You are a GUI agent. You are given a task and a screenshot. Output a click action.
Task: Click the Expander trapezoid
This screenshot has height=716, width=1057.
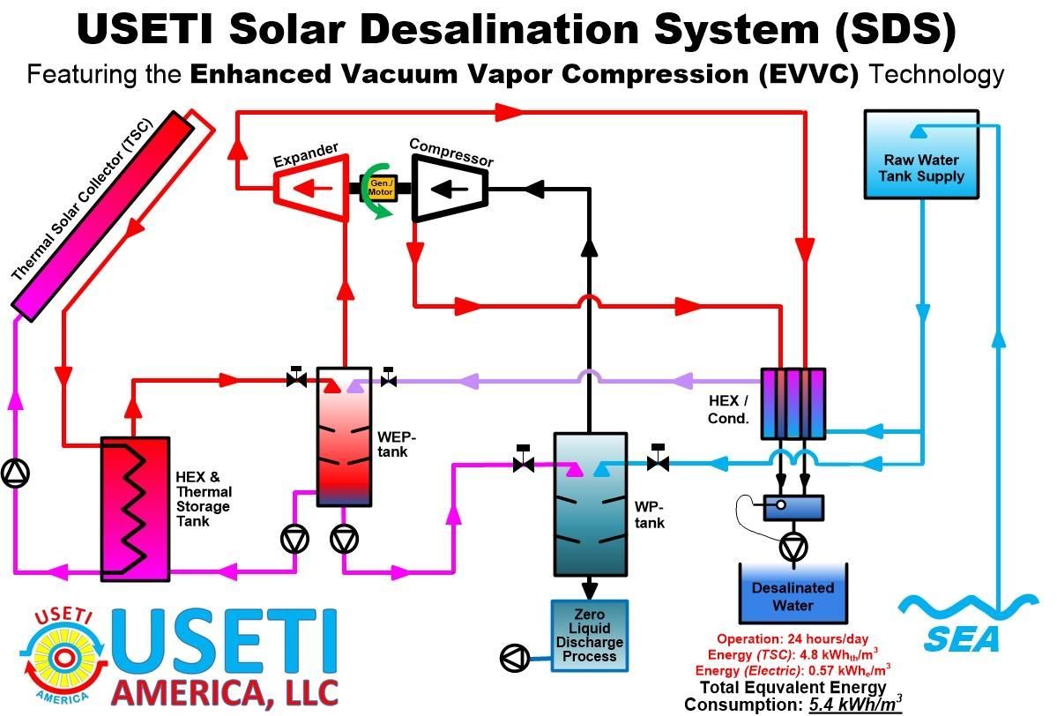(311, 188)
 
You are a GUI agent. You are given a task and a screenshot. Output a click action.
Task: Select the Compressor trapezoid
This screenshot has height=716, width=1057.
(450, 189)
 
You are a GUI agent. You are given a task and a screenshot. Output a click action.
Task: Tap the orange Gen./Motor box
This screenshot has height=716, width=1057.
(381, 188)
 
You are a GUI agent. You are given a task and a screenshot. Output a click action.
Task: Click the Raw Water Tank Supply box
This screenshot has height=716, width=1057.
(921, 154)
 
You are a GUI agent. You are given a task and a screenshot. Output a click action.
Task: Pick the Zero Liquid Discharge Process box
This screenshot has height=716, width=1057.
(589, 636)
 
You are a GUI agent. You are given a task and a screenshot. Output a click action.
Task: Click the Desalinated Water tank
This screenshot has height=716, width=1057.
(793, 594)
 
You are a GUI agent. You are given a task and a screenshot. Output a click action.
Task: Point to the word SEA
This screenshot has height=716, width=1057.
(962, 639)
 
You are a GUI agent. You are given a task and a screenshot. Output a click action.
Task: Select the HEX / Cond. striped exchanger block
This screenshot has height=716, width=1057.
(793, 403)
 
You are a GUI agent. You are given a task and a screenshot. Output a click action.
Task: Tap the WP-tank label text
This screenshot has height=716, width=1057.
(649, 514)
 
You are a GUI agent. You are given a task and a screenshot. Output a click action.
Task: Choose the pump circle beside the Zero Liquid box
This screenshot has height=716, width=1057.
(516, 657)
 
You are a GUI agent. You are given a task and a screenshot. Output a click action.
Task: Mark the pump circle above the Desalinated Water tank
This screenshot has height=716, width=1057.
(793, 548)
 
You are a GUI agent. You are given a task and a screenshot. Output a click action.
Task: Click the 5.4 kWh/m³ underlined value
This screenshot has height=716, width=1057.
(855, 705)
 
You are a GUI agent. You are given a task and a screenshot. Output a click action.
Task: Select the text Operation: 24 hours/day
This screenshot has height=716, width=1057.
(793, 638)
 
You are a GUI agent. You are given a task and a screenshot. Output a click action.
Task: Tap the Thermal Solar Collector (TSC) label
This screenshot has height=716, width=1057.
(83, 199)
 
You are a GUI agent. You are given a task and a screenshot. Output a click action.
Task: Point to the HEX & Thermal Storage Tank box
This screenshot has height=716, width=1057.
(135, 509)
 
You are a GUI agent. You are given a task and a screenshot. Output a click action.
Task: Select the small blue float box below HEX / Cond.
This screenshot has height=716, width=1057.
(793, 507)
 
